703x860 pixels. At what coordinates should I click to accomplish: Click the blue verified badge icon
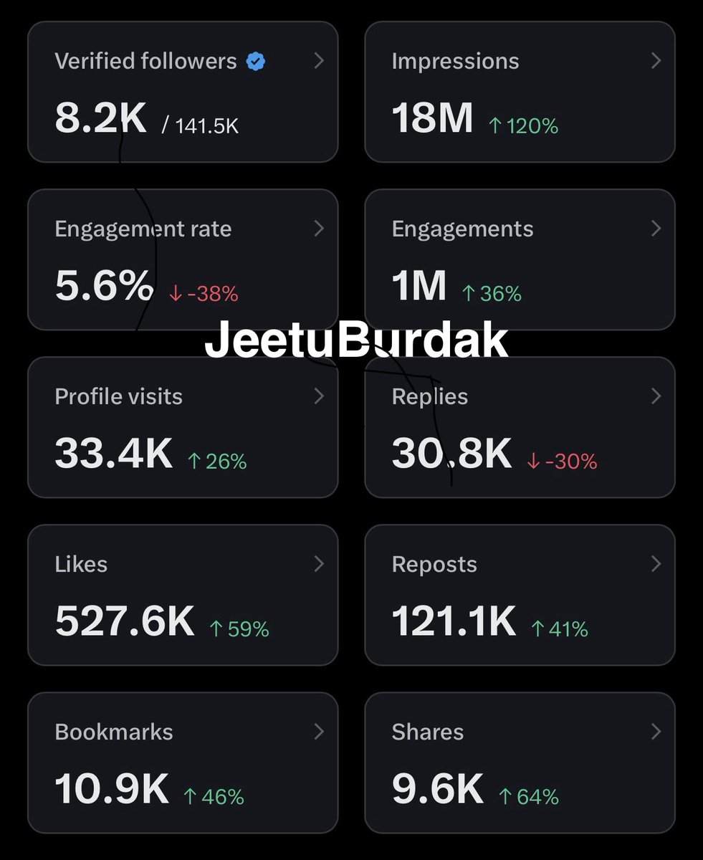click(256, 62)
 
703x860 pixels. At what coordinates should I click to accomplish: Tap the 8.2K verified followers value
click(100, 118)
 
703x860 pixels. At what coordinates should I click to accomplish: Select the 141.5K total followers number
click(207, 126)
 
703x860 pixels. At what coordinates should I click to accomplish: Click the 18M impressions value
click(432, 118)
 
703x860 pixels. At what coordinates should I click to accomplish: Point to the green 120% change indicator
click(523, 126)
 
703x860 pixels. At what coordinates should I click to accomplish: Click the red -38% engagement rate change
click(204, 294)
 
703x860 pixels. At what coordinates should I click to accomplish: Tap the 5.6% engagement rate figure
click(104, 286)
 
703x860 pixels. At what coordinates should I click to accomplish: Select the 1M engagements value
click(419, 286)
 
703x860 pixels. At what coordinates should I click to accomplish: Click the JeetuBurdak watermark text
click(356, 341)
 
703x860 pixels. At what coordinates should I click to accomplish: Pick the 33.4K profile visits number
click(113, 454)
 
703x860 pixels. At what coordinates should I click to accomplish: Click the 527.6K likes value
click(125, 621)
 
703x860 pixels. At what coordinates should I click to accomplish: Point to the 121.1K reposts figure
click(454, 621)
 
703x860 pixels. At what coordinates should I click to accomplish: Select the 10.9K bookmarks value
click(112, 789)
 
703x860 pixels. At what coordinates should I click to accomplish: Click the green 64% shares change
click(529, 797)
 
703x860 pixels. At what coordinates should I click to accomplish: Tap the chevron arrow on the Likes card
click(319, 565)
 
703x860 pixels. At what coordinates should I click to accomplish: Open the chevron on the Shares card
click(656, 732)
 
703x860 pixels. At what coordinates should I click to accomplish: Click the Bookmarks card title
click(114, 732)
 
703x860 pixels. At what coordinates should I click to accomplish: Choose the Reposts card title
click(434, 565)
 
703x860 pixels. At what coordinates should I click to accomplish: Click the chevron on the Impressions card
click(656, 62)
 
